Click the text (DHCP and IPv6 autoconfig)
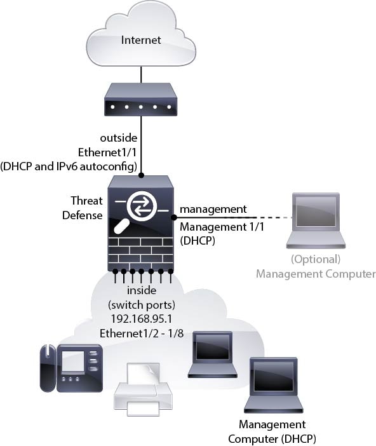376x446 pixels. [69, 167]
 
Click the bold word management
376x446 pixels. [212, 209]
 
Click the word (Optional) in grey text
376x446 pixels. [316, 259]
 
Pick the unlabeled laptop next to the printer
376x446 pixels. [213, 353]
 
